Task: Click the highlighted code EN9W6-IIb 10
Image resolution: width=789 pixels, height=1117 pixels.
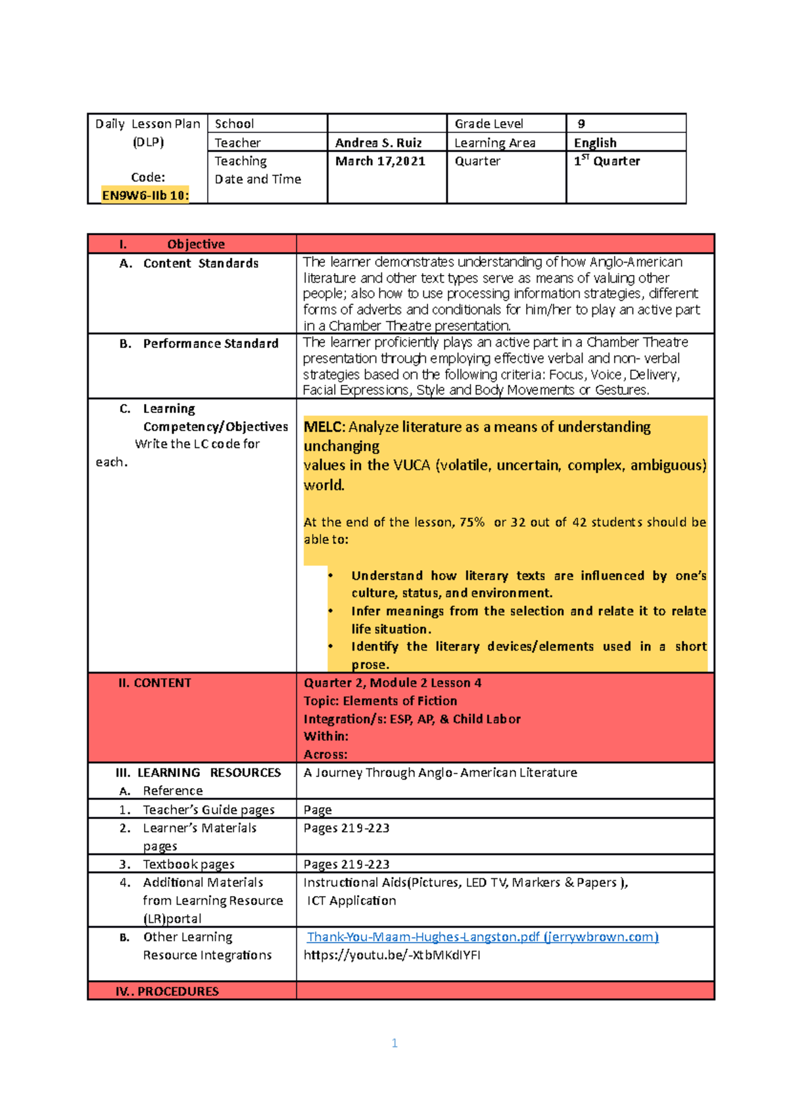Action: (145, 195)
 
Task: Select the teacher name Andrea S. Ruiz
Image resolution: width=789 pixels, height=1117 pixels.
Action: (378, 143)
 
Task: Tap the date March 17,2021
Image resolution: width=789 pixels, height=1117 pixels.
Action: (380, 161)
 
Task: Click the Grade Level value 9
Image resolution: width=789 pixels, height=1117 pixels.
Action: (581, 124)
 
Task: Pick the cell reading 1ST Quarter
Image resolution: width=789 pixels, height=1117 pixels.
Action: (606, 161)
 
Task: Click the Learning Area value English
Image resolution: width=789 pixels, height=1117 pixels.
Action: (595, 143)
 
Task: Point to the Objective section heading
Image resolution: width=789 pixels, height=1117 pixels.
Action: (195, 244)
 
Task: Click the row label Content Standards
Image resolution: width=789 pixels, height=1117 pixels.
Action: (201, 263)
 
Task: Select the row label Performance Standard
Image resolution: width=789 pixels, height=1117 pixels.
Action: (210, 343)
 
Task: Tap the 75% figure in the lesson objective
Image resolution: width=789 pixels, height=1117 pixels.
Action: (472, 522)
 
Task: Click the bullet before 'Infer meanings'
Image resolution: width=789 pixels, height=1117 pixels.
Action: (331, 611)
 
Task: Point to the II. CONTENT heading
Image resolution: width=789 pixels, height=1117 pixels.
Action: (155, 683)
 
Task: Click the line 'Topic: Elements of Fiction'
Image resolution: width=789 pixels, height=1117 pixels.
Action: (380, 701)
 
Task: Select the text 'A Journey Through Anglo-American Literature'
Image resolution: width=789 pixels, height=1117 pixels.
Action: (440, 772)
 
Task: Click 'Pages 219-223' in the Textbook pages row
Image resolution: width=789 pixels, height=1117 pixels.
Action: (347, 864)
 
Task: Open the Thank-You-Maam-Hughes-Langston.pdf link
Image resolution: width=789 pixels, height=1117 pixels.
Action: (482, 937)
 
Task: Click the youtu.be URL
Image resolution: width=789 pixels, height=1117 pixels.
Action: (392, 955)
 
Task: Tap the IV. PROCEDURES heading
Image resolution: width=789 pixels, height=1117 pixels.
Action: (167, 991)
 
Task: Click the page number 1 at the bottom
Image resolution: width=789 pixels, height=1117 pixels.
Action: (394, 1043)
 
